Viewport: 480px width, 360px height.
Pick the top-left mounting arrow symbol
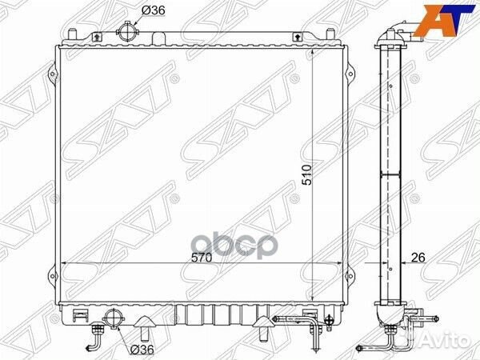[97, 36]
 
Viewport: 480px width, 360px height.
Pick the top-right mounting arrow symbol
[297, 36]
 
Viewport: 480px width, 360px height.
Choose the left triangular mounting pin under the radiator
[146, 326]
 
